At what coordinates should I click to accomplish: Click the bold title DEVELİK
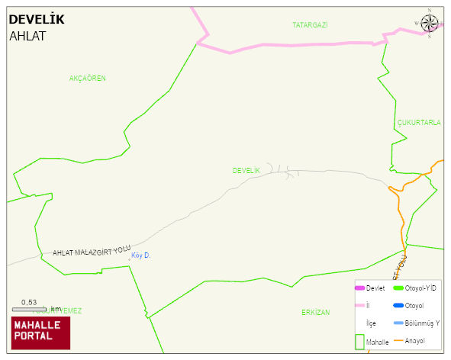click(x=37, y=19)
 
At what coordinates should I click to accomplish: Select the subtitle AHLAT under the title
click(x=27, y=36)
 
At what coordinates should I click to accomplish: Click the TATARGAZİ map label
click(x=310, y=25)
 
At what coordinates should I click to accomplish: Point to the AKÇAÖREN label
click(x=87, y=79)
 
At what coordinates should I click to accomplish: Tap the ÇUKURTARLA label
click(x=419, y=123)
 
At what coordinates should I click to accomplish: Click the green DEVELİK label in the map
click(x=246, y=170)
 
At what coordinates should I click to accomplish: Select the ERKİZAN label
click(x=315, y=313)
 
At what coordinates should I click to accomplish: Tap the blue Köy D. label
click(x=141, y=256)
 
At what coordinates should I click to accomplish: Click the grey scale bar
click(x=30, y=309)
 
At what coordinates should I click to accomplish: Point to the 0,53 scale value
click(x=29, y=302)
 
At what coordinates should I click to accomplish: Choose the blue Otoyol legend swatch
click(x=398, y=306)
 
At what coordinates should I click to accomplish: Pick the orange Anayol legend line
click(x=398, y=340)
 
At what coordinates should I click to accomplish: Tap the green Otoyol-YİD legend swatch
click(x=398, y=288)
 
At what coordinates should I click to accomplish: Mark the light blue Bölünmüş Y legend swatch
click(x=398, y=323)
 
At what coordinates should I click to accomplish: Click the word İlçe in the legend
click(x=372, y=323)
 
